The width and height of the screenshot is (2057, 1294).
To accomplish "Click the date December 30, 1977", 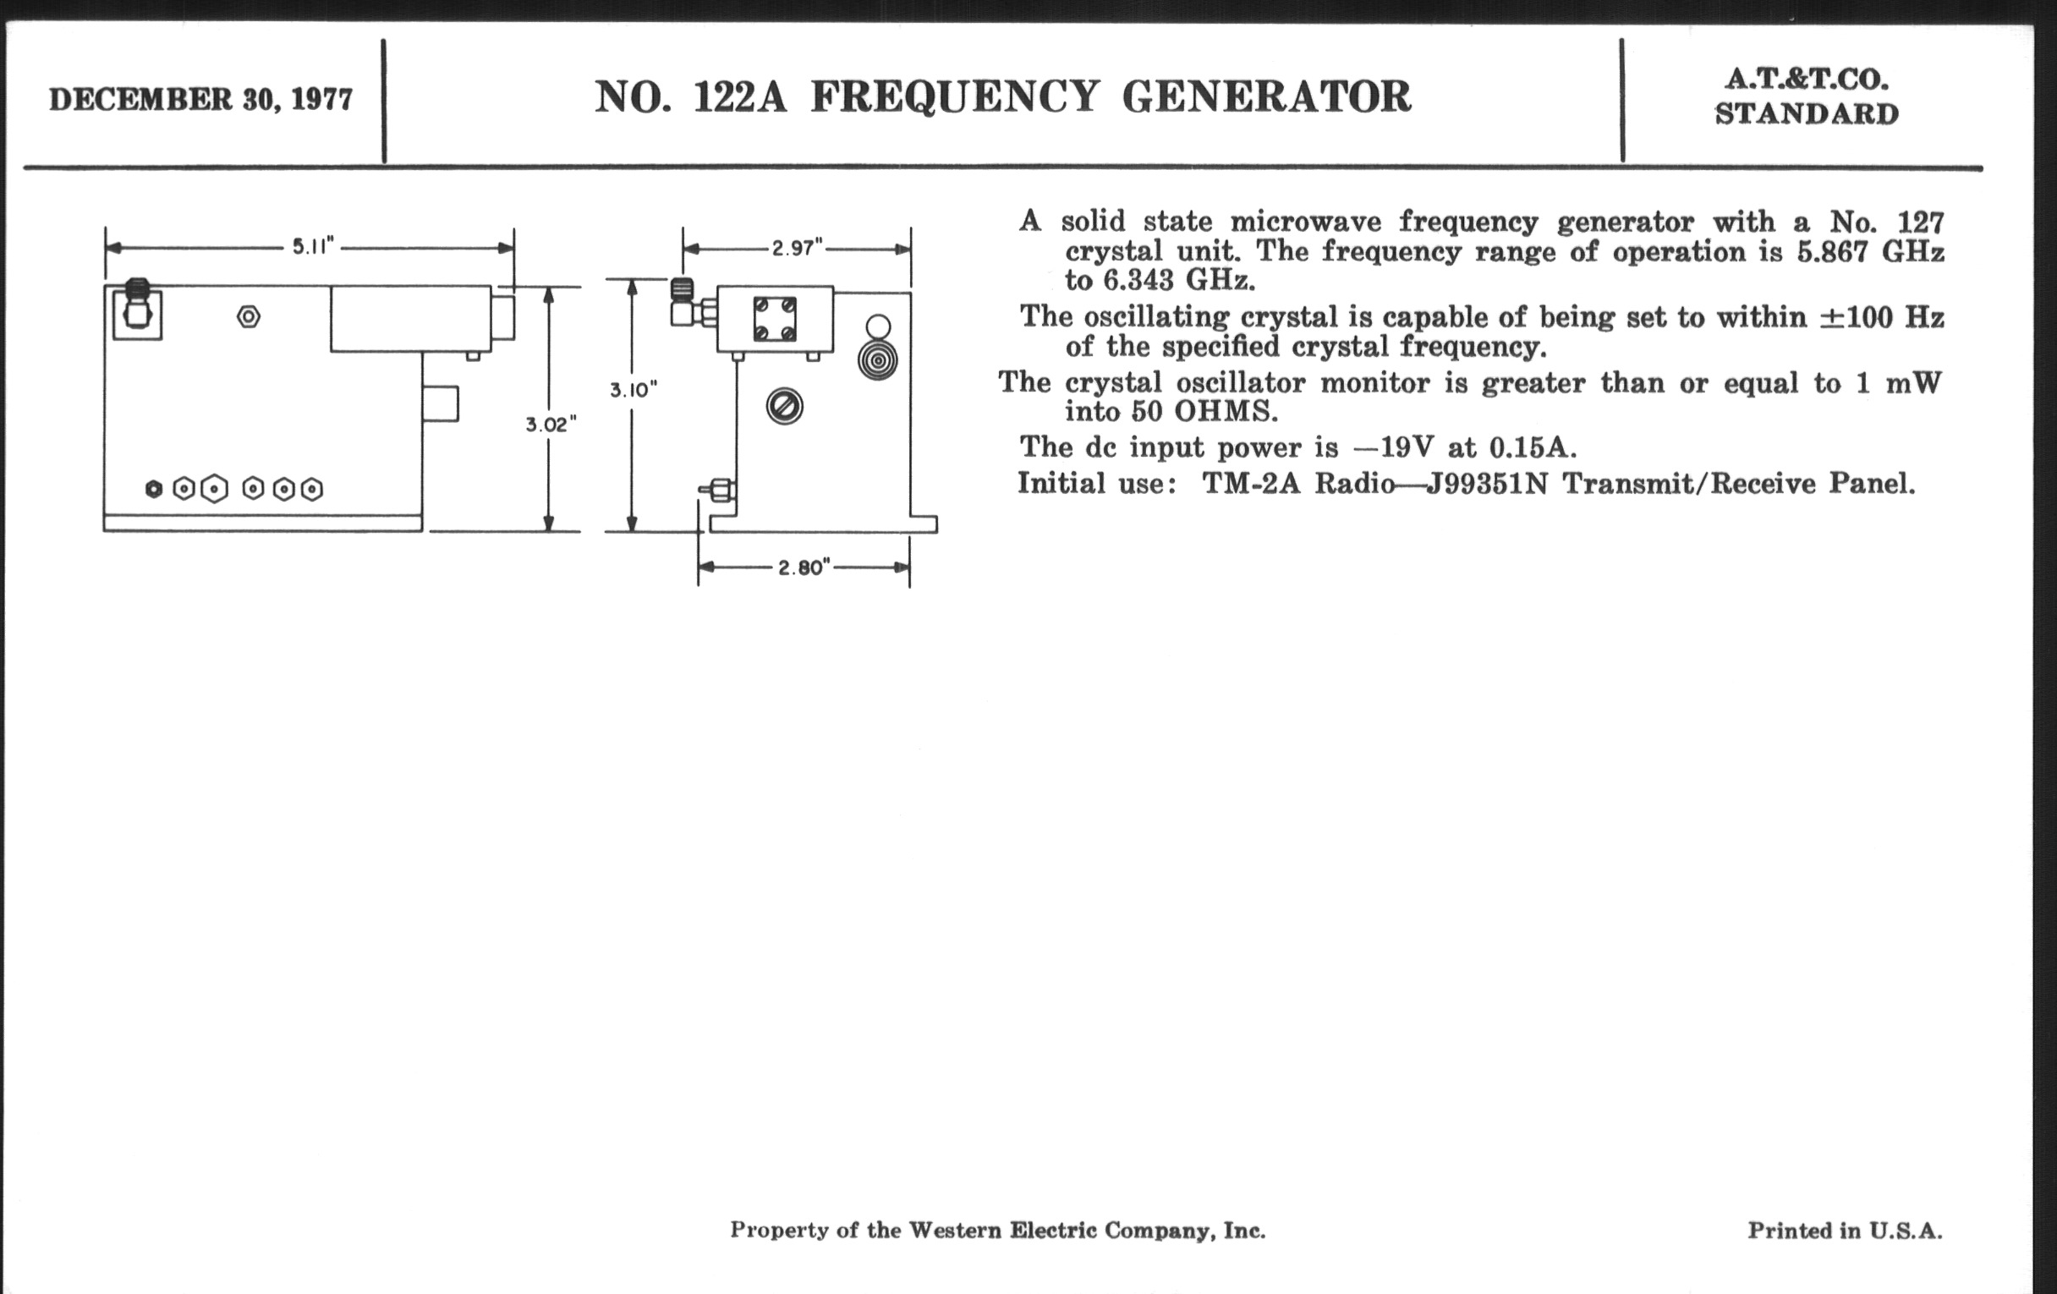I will point(200,100).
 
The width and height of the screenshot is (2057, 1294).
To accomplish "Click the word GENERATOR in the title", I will point(1266,96).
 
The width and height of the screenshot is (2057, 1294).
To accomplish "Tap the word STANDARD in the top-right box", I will point(1807,114).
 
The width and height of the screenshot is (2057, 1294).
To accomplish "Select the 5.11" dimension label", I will point(312,248).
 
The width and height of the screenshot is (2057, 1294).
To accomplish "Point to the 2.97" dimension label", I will point(797,249).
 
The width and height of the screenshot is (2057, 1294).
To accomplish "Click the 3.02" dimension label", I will point(551,425).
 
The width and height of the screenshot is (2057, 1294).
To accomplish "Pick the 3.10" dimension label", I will point(633,391).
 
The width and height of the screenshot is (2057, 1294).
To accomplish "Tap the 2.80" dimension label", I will point(804,568).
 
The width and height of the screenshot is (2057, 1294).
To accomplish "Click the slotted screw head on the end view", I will point(784,406).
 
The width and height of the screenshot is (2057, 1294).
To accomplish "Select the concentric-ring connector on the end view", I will point(877,360).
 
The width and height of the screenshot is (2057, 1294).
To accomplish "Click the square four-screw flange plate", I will point(775,319).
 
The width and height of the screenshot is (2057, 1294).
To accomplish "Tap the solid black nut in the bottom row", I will point(154,490).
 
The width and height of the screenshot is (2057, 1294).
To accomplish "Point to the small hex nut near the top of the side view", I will point(249,317).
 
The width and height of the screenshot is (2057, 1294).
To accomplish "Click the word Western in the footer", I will point(954,1231).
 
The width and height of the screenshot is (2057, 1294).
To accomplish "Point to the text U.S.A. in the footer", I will point(1905,1231).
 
